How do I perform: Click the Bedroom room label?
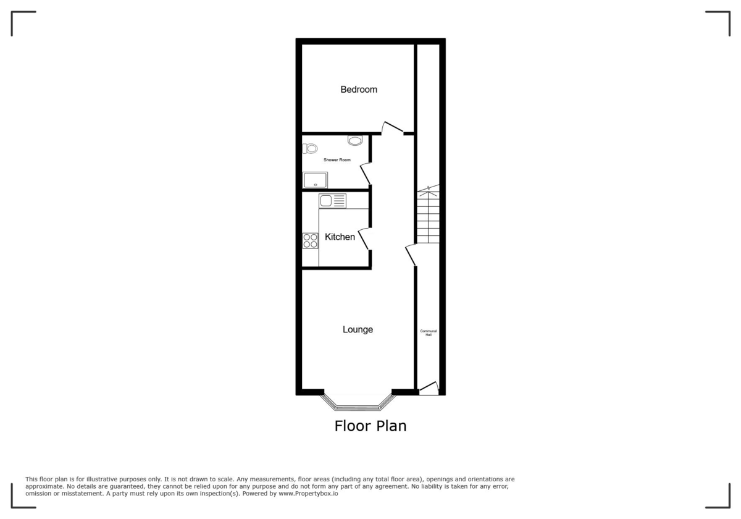tap(359, 90)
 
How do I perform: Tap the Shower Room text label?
tap(337, 160)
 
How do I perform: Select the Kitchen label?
tap(340, 237)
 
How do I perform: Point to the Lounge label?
tap(358, 329)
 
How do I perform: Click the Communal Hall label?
tap(429, 333)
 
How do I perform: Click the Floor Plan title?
tap(371, 426)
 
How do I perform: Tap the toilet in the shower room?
tap(310, 148)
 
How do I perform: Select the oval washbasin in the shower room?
tap(355, 141)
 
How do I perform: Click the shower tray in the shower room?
tap(315, 180)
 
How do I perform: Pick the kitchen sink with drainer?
tap(332, 201)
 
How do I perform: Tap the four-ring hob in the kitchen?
tap(310, 241)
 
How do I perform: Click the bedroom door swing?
tap(391, 128)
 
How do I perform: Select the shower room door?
tap(366, 173)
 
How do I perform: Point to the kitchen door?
tap(365, 238)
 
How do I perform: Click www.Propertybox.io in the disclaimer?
tap(308, 494)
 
